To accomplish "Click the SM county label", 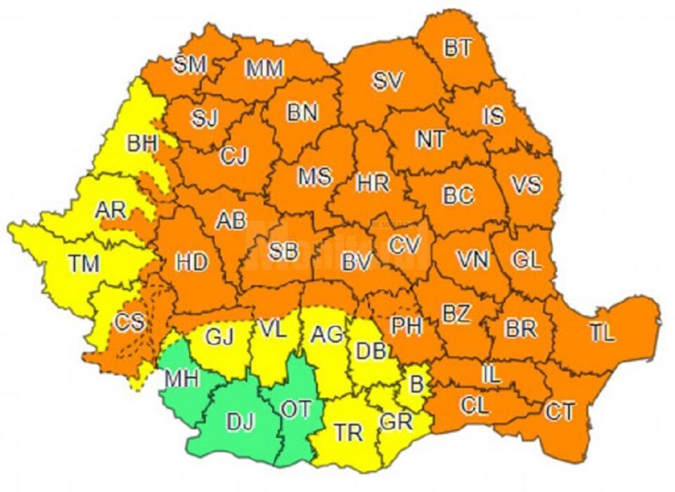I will pos(190,65).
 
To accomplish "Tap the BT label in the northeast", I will pos(458,48).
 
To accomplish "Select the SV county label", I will pos(387,82).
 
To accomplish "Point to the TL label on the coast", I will pos(602,334).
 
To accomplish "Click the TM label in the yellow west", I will pos(84,264).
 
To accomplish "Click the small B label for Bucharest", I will pos(416,384).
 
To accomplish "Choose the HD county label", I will pos(192,263).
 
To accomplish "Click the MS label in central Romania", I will pos(314,176).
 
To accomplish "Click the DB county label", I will pos(371,350).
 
